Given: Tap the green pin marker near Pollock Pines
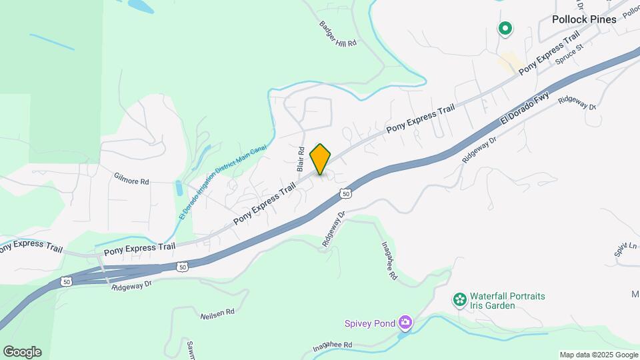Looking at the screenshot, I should click(505, 28).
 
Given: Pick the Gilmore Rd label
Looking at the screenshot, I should click(131, 181).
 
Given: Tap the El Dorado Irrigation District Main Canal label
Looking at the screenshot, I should click(222, 182).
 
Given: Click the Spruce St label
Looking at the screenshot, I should click(570, 52).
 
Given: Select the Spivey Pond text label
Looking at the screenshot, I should click(370, 324).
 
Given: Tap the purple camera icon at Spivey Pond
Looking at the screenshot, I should click(405, 324).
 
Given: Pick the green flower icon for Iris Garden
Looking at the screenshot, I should click(459, 300).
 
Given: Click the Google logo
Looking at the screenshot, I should click(22, 352).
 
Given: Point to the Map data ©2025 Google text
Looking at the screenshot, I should click(598, 355).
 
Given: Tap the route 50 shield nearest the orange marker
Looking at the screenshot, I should click(345, 193).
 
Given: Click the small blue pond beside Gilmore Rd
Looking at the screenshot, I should click(178, 187).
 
